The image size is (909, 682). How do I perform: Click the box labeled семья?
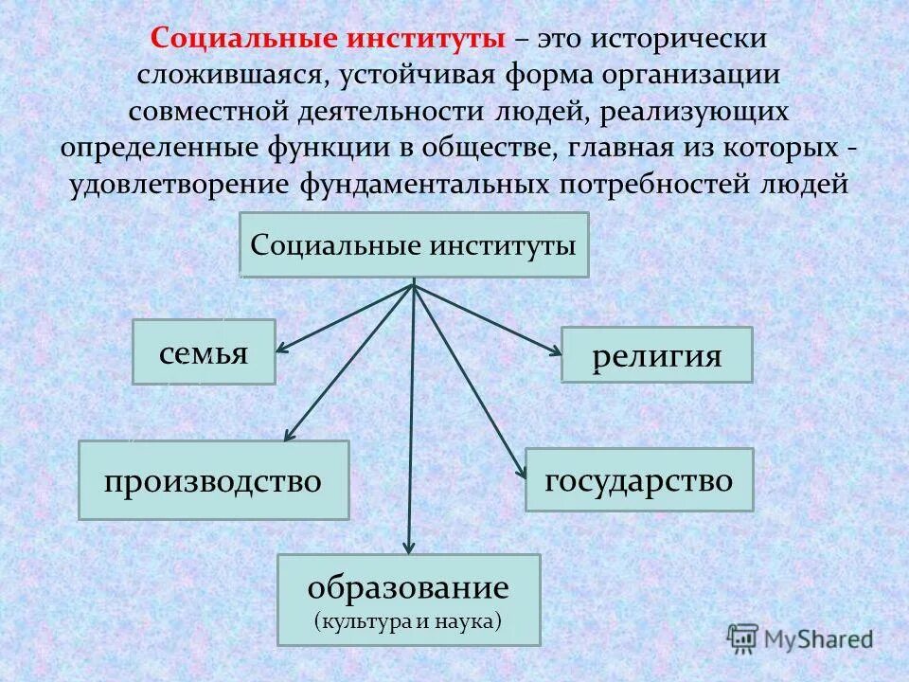pyautogui.click(x=204, y=351)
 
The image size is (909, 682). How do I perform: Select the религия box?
pyautogui.click(x=656, y=355)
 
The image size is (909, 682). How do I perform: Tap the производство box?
pyautogui.click(x=213, y=480)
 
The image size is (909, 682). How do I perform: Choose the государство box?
pyautogui.click(x=639, y=480)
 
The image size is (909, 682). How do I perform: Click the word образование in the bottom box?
pyautogui.click(x=408, y=587)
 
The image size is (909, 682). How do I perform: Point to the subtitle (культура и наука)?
pyautogui.click(x=408, y=621)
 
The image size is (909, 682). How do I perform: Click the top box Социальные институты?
pyautogui.click(x=414, y=244)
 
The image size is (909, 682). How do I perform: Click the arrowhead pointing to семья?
pyautogui.click(x=281, y=350)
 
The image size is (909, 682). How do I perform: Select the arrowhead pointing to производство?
pyautogui.click(x=289, y=437)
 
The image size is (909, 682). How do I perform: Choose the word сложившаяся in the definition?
pyautogui.click(x=222, y=76)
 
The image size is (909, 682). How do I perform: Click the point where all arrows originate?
pyautogui.click(x=414, y=283)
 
